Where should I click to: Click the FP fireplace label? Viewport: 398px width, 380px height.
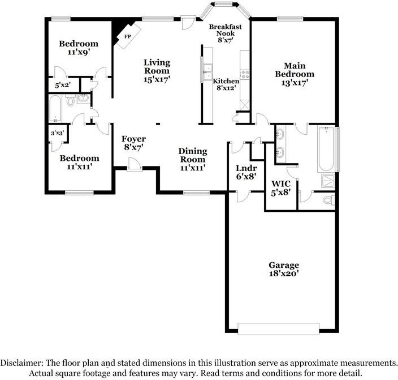tap(128, 36)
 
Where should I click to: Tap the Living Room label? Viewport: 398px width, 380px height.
tap(157, 71)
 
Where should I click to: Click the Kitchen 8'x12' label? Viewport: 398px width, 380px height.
tap(226, 84)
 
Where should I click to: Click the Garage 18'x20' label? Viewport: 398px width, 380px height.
tap(283, 269)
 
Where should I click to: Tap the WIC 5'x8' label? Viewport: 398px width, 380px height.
tap(280, 188)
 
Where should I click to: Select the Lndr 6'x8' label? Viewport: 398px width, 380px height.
tap(246, 172)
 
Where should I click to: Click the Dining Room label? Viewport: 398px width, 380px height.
tap(192, 159)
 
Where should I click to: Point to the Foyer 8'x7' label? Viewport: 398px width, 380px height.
tap(133, 143)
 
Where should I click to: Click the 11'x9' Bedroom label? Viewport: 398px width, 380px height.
tap(79, 48)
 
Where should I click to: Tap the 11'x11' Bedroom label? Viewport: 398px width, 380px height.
tap(79, 163)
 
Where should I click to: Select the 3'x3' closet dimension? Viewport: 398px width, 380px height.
tap(57, 133)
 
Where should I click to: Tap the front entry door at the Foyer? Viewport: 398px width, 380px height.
tap(134, 164)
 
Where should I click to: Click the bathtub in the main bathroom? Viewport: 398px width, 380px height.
tap(326, 150)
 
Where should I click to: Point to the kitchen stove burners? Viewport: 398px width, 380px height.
tap(245, 74)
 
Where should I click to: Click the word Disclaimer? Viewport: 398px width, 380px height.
tap(22, 363)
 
